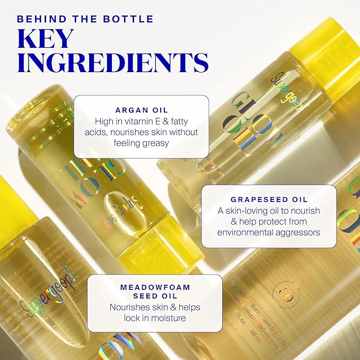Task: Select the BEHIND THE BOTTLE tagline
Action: (x=85, y=20)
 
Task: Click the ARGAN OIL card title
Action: (x=141, y=110)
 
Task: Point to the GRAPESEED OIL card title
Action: (x=269, y=200)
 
